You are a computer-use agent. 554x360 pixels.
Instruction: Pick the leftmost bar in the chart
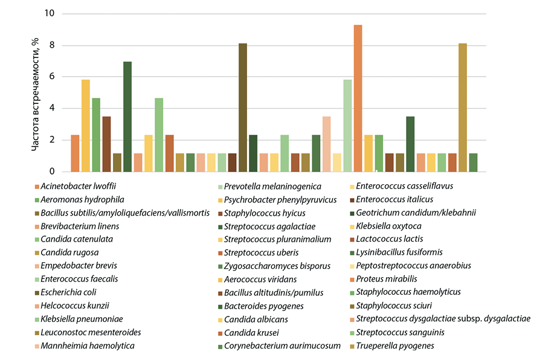coord(75,153)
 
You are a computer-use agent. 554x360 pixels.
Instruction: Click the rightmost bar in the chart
coord(473,162)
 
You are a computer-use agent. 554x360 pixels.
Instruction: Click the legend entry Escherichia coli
coord(69,292)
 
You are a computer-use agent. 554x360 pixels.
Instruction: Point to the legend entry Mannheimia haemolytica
coord(88,346)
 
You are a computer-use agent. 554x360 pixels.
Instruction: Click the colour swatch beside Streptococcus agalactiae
coord(219,227)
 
